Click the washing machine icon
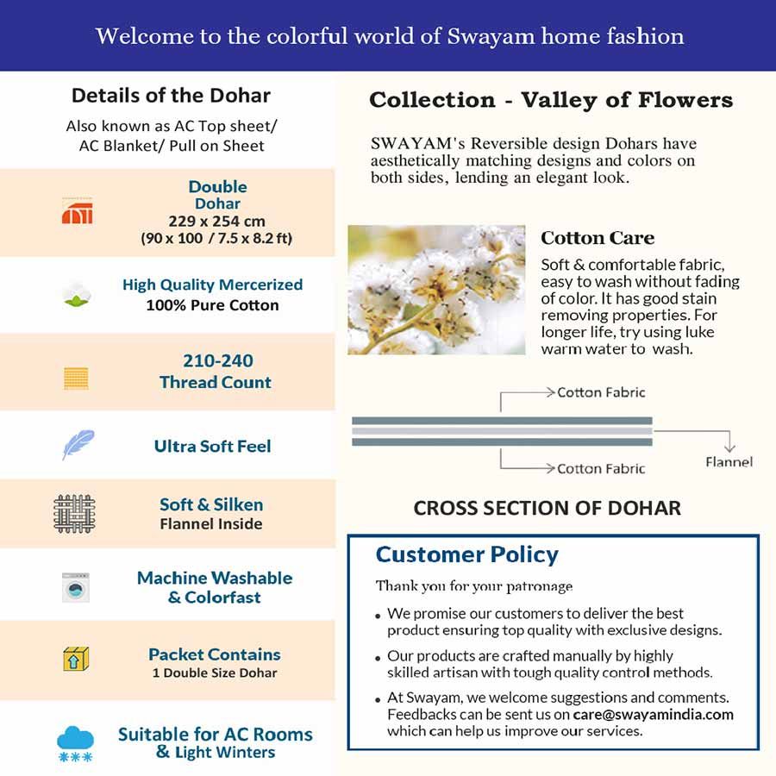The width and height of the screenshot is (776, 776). [76, 588]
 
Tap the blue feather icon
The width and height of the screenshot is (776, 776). [78, 445]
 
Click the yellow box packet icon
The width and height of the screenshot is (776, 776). [76, 660]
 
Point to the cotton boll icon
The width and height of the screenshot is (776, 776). [75, 295]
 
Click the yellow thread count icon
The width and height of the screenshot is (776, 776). [76, 378]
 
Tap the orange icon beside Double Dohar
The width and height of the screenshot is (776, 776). [77, 210]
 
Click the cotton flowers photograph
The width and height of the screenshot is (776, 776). [436, 290]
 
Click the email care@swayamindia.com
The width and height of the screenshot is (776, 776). [653, 715]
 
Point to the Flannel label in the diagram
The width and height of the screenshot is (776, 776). [729, 462]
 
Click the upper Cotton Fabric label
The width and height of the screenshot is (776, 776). [601, 392]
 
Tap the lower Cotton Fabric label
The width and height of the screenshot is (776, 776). [601, 469]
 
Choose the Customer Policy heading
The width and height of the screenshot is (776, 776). [466, 554]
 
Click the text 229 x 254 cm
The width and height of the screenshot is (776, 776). [216, 221]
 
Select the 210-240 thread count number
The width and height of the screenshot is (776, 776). [217, 361]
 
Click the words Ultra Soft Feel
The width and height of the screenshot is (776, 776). [212, 446]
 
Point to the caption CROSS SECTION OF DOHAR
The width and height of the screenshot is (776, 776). [547, 508]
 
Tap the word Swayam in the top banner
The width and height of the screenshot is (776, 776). [485, 36]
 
